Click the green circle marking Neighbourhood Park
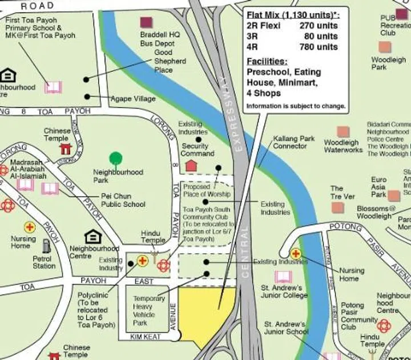(x=116, y=158)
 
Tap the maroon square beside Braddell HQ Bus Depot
(x=146, y=23)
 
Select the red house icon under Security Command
(x=191, y=166)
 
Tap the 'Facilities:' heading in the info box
(x=267, y=61)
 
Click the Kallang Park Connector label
(x=294, y=142)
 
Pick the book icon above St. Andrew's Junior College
(x=283, y=277)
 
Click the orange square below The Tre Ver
(x=337, y=207)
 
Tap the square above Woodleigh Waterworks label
(x=342, y=131)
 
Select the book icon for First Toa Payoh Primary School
(x=53, y=87)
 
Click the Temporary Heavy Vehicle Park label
(x=149, y=310)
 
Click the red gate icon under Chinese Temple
(x=65, y=149)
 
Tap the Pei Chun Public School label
(x=123, y=200)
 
